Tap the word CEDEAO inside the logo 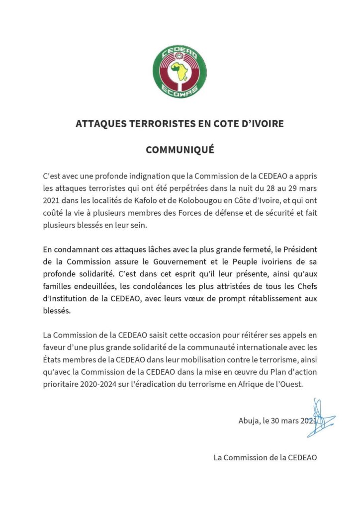click(x=180, y=52)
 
